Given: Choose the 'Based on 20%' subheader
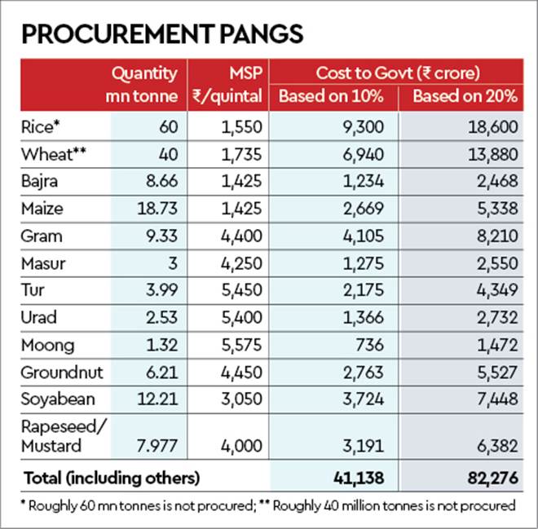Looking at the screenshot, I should click(465, 96).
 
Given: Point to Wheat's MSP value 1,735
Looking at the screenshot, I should click(241, 154).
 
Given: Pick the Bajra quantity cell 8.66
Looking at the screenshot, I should click(161, 181).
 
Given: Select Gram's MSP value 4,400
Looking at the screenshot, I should click(240, 236).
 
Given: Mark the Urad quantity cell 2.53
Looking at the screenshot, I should click(161, 318).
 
